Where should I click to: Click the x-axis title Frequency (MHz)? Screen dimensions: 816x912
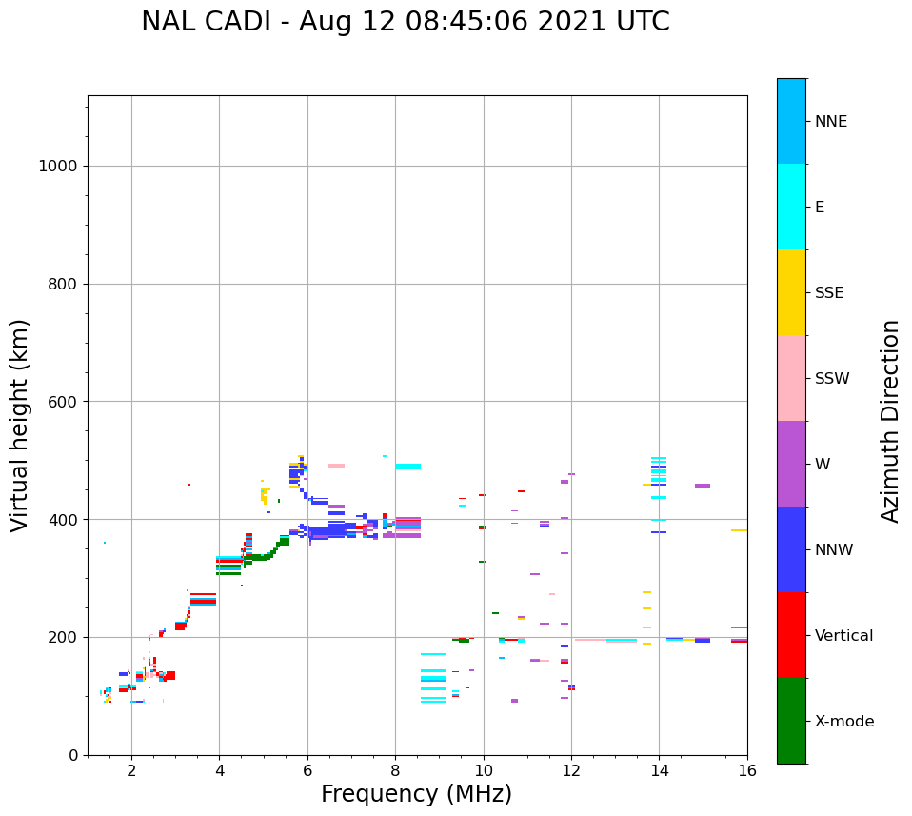[x=416, y=794]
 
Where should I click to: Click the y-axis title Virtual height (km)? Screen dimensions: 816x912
[x=20, y=425]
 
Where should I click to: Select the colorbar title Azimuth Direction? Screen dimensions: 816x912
[x=890, y=421]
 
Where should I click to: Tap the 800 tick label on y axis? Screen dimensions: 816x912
[x=62, y=284]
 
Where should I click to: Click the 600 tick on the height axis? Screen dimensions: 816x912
[x=62, y=402]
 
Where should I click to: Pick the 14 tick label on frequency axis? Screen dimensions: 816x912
[x=659, y=769]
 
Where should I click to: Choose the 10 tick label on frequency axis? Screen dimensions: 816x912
[x=484, y=769]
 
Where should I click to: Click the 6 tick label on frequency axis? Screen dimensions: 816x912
[x=307, y=769]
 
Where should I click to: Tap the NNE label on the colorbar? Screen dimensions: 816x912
[x=830, y=122]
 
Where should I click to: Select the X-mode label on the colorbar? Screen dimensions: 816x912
[x=844, y=722]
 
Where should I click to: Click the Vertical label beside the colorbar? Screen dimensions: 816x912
[x=844, y=636]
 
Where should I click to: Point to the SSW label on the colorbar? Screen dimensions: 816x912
[x=832, y=379]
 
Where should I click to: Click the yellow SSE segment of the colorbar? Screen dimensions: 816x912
[x=791, y=292]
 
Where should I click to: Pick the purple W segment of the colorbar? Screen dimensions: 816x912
[x=791, y=464]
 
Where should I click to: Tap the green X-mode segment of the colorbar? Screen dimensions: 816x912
[x=791, y=721]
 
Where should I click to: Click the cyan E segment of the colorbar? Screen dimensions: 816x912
[x=791, y=207]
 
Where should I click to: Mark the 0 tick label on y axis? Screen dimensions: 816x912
[x=71, y=755]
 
